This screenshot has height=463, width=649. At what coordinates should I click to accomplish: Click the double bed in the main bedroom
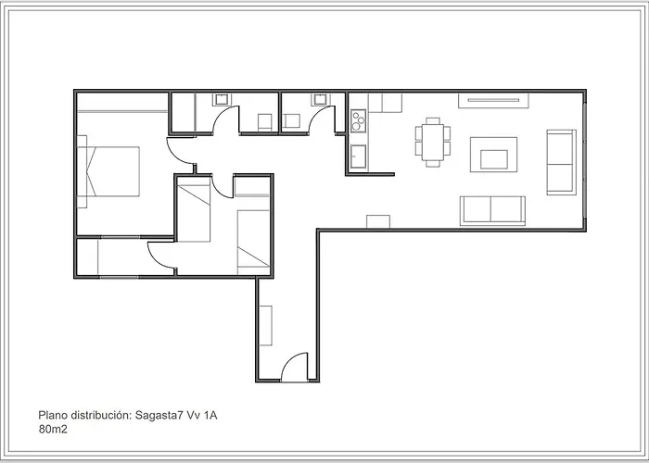click(108, 171)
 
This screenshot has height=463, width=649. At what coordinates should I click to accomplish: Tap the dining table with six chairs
click(433, 143)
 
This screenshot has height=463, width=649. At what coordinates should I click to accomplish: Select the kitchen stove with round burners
click(359, 120)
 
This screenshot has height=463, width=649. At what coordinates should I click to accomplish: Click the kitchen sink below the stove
click(359, 156)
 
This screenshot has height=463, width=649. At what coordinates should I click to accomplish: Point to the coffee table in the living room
click(494, 155)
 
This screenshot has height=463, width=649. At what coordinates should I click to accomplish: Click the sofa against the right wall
click(561, 162)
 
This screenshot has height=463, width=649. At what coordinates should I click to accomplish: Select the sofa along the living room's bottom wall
click(492, 211)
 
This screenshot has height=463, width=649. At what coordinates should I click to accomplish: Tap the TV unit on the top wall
click(493, 100)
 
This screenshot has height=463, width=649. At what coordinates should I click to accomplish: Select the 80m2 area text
click(53, 430)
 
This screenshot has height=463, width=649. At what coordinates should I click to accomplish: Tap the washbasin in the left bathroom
click(222, 99)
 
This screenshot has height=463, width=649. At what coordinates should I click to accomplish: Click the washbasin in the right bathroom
click(320, 99)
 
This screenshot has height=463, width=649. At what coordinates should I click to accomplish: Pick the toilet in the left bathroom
click(265, 122)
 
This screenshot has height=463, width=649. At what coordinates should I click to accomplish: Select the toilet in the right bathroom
click(291, 121)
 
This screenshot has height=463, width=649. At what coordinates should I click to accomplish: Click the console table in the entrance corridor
click(266, 325)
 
